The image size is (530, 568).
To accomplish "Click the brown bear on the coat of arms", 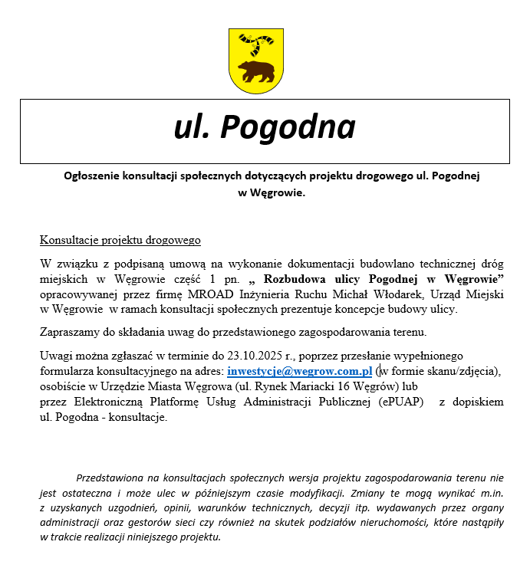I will tap(256, 72).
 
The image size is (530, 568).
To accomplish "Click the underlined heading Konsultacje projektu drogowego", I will tap(120, 240).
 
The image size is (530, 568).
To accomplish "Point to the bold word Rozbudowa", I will tap(288, 277).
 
